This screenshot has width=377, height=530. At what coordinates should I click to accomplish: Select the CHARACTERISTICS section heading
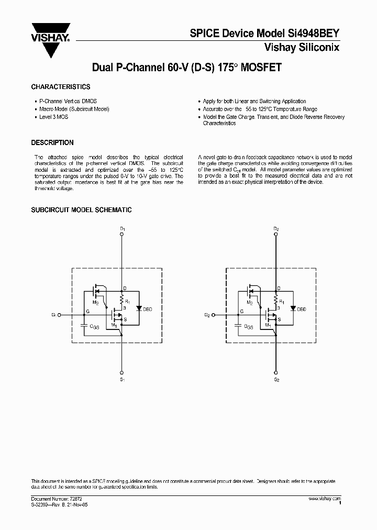(61, 87)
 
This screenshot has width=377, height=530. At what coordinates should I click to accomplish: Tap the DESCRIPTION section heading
(52, 142)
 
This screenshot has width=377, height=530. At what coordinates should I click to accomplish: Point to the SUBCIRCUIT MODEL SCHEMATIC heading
(81, 210)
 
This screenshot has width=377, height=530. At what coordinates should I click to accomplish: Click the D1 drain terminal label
(122, 229)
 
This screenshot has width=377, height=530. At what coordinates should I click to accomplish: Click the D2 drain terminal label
(276, 229)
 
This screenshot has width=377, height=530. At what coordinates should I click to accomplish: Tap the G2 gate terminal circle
(213, 315)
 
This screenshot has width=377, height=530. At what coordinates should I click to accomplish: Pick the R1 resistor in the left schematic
(122, 301)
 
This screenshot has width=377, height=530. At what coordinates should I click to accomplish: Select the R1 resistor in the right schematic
(276, 301)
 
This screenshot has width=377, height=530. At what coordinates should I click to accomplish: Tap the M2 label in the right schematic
(249, 303)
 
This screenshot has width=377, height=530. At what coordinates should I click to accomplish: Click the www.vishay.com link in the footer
(325, 498)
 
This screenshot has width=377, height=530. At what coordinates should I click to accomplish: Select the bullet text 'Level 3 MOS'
(53, 117)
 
